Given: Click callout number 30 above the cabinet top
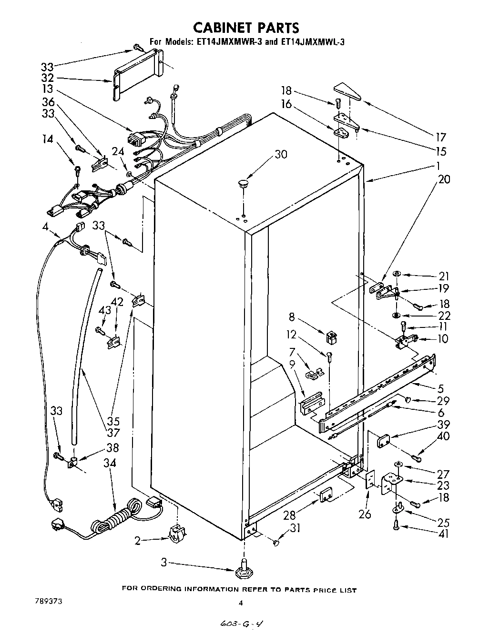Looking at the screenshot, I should pyautogui.click(x=281, y=154).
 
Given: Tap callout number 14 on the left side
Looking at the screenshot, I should pyautogui.click(x=49, y=139).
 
